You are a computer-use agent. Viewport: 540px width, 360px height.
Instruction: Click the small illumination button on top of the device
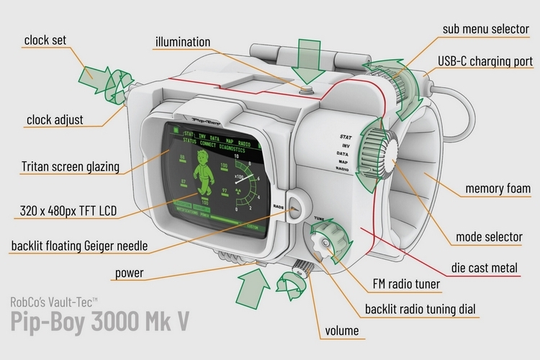click(307, 91)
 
